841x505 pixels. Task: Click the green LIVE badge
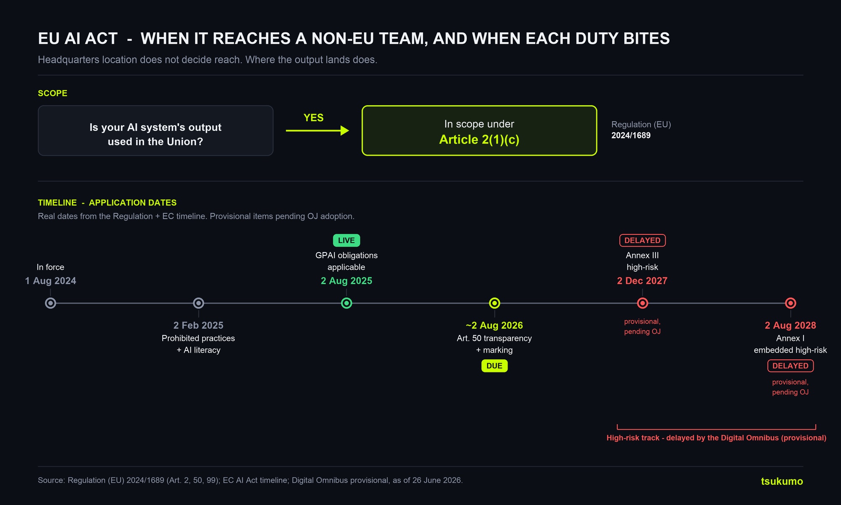[x=346, y=240]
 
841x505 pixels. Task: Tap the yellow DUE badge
[x=495, y=366]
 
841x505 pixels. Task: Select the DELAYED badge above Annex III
[x=643, y=240]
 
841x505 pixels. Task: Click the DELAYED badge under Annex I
[x=791, y=366]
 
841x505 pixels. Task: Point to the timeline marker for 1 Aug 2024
[x=50, y=303]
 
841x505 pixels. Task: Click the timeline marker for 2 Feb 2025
[x=198, y=303]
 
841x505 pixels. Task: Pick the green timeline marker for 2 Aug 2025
[x=346, y=303]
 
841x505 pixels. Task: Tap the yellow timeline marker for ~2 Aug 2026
[x=495, y=303]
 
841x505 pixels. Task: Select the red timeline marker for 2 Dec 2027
[x=643, y=303]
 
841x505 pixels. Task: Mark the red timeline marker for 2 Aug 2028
[x=791, y=303]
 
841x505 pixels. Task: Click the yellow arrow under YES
[x=317, y=130]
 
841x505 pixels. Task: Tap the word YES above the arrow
[x=314, y=118]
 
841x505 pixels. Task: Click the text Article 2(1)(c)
[x=479, y=139]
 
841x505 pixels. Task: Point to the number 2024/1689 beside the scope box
[x=631, y=136]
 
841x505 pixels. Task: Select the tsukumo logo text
[x=782, y=481]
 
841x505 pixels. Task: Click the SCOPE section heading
[x=53, y=93]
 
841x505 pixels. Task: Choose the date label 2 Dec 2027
[x=642, y=281]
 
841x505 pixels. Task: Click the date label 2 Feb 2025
[x=198, y=325]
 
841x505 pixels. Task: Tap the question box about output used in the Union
[x=156, y=130]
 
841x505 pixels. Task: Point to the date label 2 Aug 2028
[x=791, y=325]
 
